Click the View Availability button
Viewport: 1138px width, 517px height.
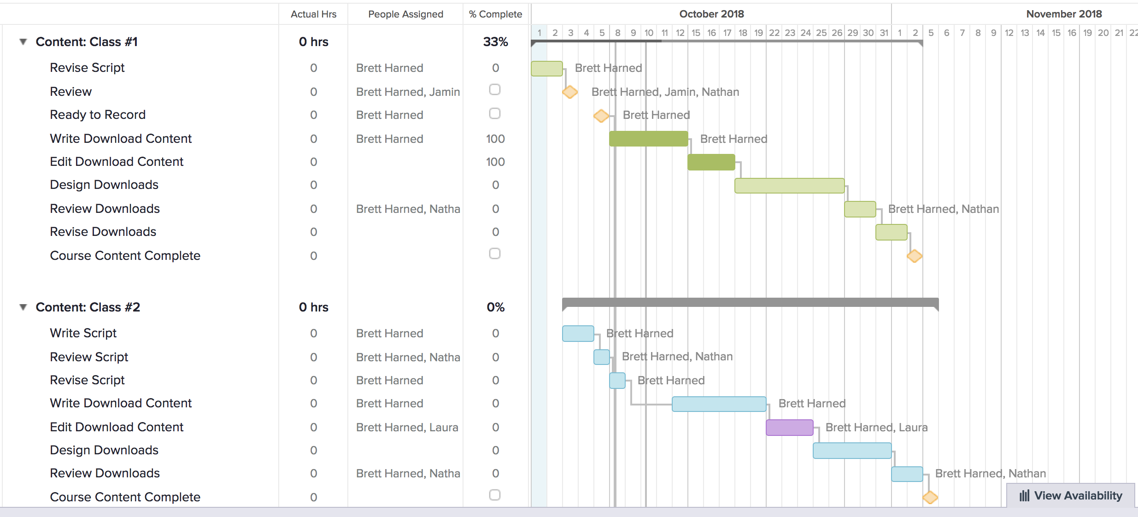pos(1071,495)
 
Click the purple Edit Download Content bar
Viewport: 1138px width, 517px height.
pos(789,427)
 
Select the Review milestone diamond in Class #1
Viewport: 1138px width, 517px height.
pos(570,92)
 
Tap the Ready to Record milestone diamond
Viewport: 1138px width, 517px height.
pos(601,115)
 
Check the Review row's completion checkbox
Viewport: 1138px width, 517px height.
pos(495,89)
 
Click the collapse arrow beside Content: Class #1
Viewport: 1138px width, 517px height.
pos(23,42)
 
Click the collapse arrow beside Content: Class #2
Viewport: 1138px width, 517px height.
pos(23,307)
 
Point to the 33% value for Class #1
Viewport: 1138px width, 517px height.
pos(495,42)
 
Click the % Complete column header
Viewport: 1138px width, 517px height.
pos(495,14)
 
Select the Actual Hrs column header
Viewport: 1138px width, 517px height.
pos(313,14)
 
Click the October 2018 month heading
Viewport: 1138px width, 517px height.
pos(711,14)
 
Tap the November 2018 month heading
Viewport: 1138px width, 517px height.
pos(1064,14)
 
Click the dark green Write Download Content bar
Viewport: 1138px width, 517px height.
pos(648,139)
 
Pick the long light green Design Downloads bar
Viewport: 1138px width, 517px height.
pos(789,185)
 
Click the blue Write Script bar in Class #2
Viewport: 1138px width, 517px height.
pos(578,333)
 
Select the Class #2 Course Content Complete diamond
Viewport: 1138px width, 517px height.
pos(930,497)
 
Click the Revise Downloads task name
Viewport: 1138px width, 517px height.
pos(103,232)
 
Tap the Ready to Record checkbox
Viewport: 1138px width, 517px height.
pos(495,113)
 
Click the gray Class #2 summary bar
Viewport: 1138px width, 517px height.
pos(750,302)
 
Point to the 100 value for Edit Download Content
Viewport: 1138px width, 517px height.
pos(495,162)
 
